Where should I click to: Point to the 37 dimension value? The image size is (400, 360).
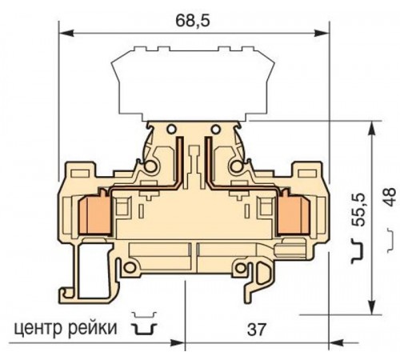[x=257, y=328]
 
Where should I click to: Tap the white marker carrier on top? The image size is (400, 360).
[x=185, y=80]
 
